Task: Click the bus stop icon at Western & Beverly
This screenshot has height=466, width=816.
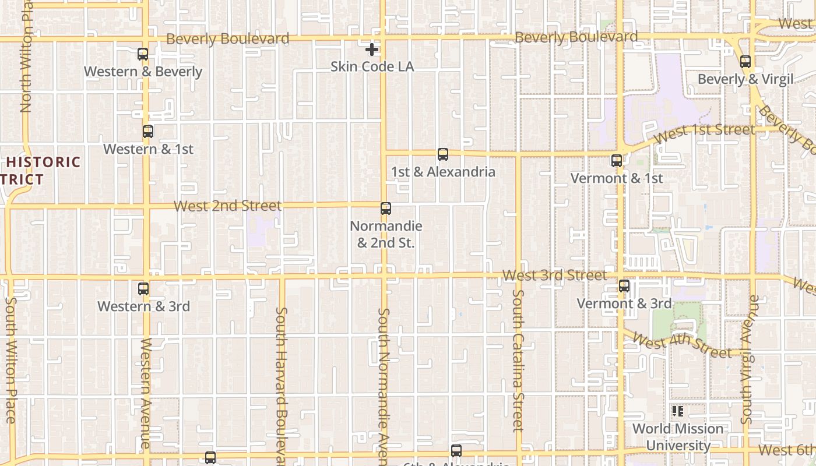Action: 143,54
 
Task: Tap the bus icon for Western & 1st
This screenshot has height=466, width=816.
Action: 148,132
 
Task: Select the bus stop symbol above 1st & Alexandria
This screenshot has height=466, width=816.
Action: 443,154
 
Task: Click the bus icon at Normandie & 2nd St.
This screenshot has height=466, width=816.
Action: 386,209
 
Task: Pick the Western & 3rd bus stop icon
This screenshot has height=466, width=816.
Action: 143,288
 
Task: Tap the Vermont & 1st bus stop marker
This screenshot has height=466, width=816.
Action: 617,161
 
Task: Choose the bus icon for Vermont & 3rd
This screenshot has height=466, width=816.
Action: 624,286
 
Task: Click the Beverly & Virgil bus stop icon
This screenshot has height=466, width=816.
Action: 745,62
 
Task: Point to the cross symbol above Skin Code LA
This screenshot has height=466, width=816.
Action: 372,50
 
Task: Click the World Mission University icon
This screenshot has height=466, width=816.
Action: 678,411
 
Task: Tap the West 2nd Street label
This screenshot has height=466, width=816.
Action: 227,206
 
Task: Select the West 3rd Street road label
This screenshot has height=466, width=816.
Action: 554,275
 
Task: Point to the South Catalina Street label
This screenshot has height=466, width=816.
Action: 518,361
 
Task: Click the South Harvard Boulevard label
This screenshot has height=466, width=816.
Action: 282,382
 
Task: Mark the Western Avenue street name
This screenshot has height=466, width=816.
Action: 146,393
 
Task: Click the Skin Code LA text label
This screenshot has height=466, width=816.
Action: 372,66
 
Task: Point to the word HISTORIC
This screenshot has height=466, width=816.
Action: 44,162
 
